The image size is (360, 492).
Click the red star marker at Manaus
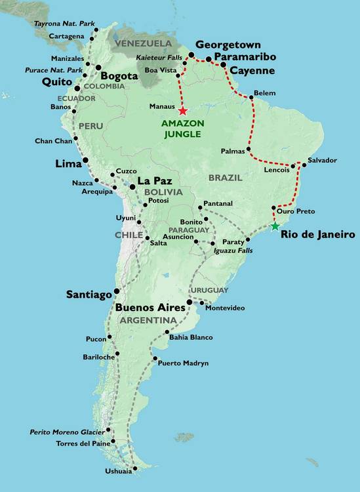[x=182, y=111]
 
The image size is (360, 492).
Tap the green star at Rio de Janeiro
[x=274, y=226]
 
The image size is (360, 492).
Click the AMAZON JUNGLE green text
[x=183, y=129]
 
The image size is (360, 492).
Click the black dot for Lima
[x=85, y=161]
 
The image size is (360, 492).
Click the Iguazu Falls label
[x=226, y=251]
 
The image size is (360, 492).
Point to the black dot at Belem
[x=251, y=98]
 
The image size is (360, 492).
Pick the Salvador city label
[x=322, y=160]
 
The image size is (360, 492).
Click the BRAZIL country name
[x=226, y=177]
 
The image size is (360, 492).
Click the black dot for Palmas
[x=249, y=150]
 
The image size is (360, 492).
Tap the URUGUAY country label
[x=210, y=290]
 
